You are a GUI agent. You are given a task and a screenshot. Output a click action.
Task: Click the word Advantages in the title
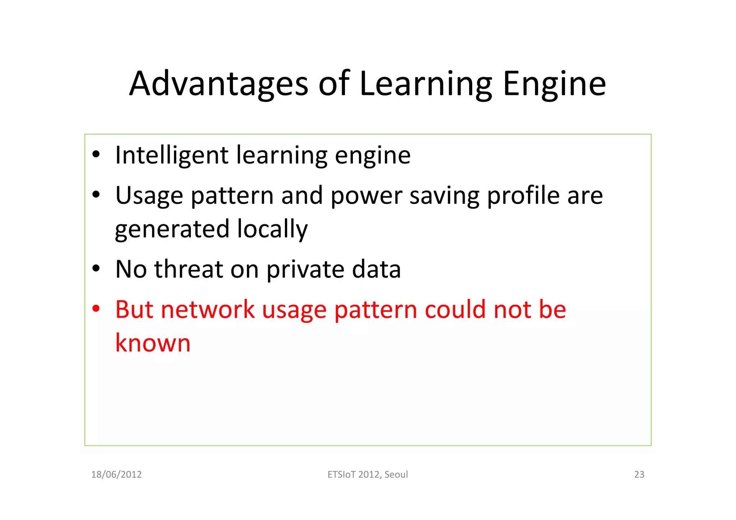pyautogui.click(x=218, y=84)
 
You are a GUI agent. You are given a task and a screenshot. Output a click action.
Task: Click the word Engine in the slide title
pyautogui.click(x=554, y=84)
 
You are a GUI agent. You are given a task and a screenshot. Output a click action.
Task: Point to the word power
pyautogui.click(x=366, y=196)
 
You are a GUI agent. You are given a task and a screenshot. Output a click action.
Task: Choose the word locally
pyautogui.click(x=272, y=229)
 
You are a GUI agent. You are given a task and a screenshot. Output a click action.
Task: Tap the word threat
pyautogui.click(x=189, y=269)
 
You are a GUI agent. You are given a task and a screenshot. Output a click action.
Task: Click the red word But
pyautogui.click(x=134, y=309)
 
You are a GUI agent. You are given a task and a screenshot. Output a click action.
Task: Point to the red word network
pyautogui.click(x=208, y=309)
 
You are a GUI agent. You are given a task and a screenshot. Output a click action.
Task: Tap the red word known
pyautogui.click(x=153, y=343)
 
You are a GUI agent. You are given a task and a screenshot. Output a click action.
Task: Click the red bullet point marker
pyautogui.click(x=96, y=309)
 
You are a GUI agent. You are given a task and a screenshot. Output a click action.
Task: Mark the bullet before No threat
pyautogui.click(x=96, y=268)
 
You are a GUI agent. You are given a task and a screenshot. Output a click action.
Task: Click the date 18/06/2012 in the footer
pyautogui.click(x=116, y=474)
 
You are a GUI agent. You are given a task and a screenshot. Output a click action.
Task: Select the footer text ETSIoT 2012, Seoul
pyautogui.click(x=368, y=474)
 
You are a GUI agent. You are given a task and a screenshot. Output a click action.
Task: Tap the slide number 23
pyautogui.click(x=639, y=474)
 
